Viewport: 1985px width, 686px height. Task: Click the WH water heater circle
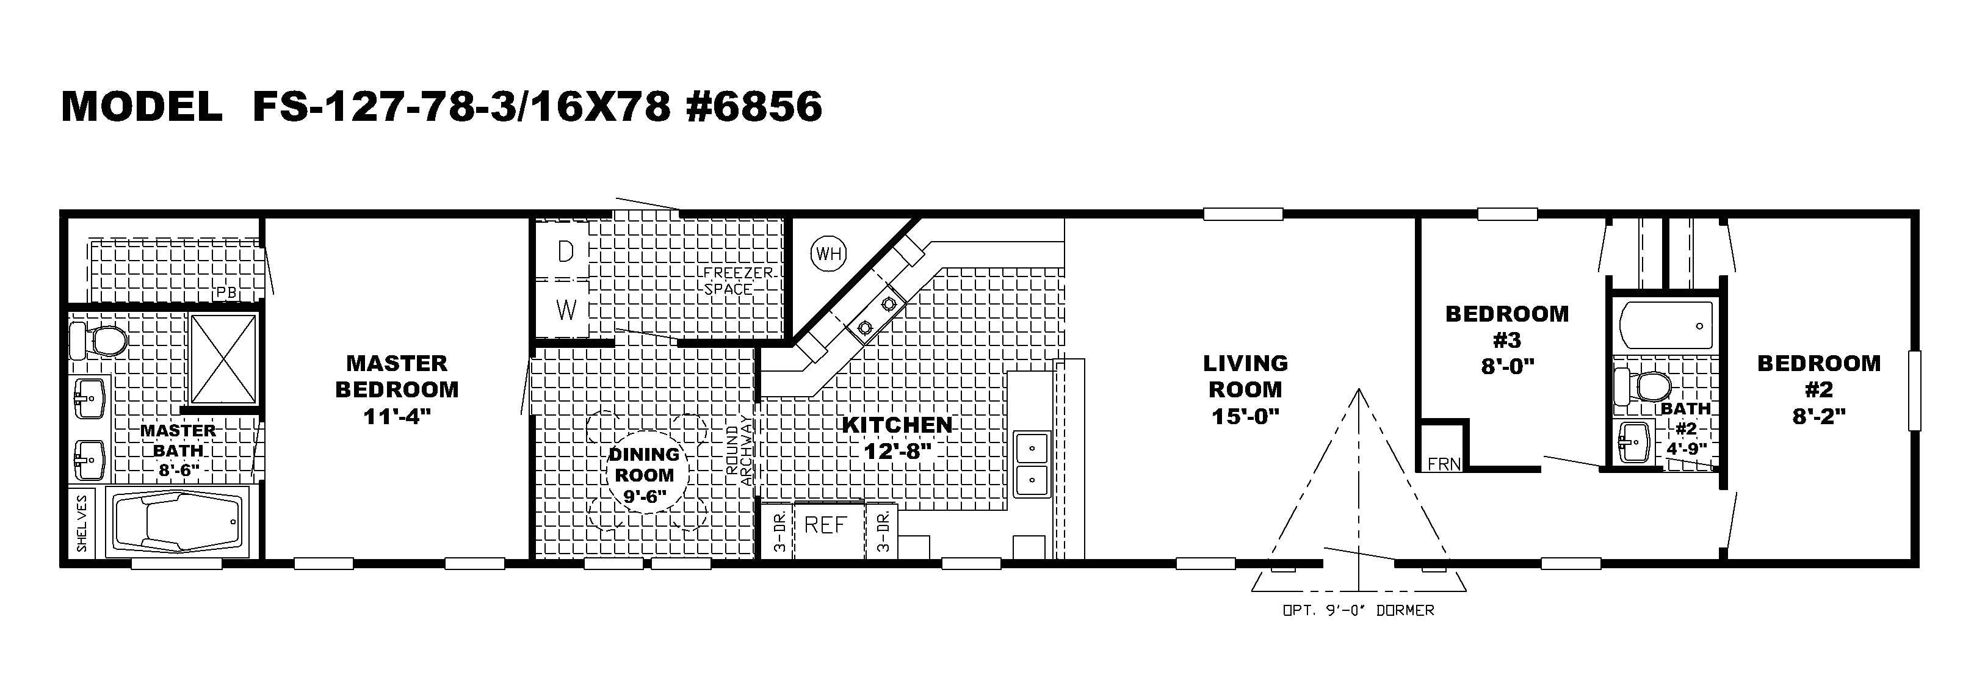[x=828, y=253]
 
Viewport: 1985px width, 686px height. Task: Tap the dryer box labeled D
[x=566, y=251]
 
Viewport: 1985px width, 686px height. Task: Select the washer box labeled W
[x=566, y=310]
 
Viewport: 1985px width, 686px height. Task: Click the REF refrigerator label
[x=825, y=525]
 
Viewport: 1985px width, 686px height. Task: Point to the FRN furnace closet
[x=1444, y=463]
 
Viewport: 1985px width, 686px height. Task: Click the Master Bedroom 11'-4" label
[x=397, y=389]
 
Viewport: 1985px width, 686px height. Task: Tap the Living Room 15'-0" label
[x=1245, y=389]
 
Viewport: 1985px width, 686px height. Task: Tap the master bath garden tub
[x=177, y=522]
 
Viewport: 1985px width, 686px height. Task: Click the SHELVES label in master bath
[x=82, y=522]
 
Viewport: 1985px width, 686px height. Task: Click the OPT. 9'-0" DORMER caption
[x=1358, y=610]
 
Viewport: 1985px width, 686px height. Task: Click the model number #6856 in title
[x=754, y=106]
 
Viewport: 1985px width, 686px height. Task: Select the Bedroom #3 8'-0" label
[x=1506, y=339]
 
